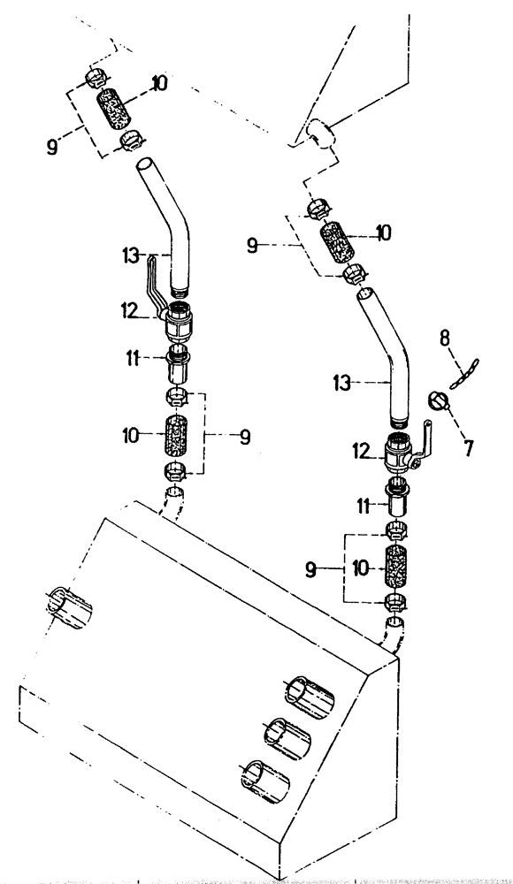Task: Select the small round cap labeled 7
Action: pos(437,401)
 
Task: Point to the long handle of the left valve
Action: pos(152,281)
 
